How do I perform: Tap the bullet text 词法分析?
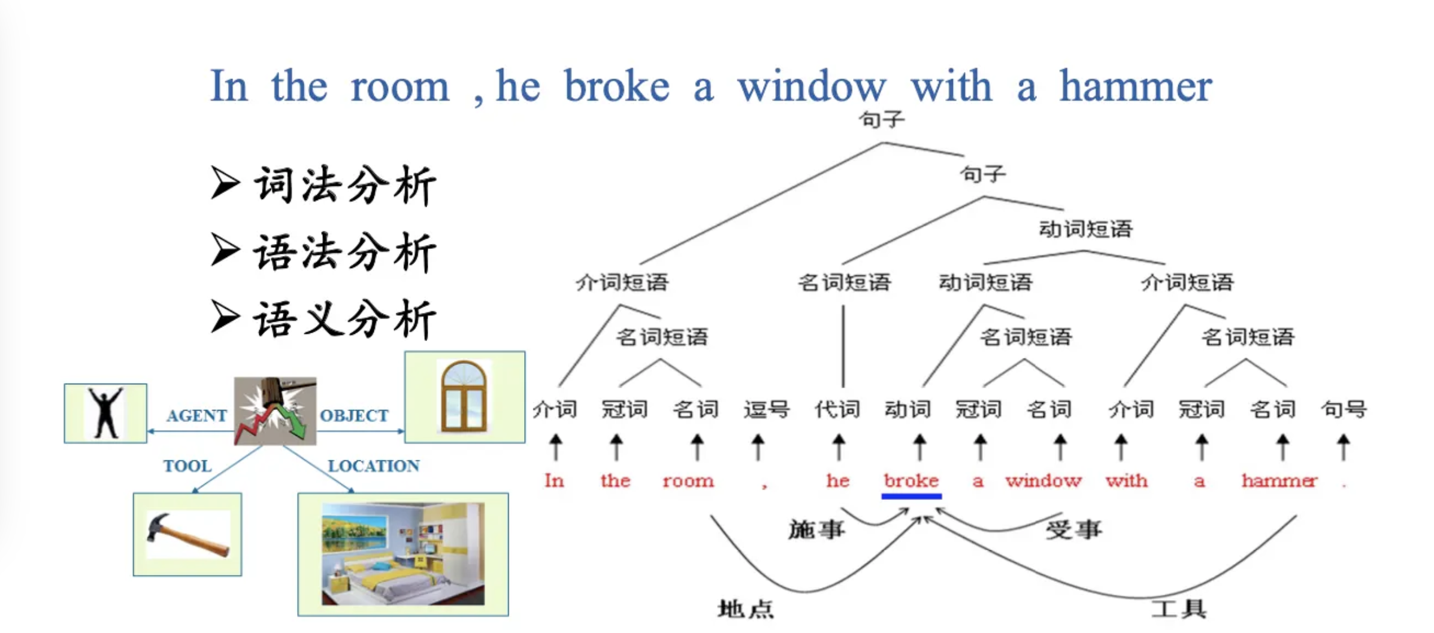[344, 186]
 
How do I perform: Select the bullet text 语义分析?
[344, 319]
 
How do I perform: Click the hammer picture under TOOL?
[187, 534]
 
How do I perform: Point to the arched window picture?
[464, 397]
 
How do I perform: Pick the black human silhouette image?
[105, 413]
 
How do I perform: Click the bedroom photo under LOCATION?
[403, 554]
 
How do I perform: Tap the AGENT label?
[196, 415]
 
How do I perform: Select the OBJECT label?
[354, 415]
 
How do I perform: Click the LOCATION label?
[374, 466]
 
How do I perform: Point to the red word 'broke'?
[911, 481]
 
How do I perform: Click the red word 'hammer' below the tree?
[1279, 481]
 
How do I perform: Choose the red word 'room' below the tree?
[688, 481]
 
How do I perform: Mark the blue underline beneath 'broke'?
[911, 496]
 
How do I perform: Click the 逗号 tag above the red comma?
[766, 409]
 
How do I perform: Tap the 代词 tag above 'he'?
[837, 409]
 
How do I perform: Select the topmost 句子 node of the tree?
[882, 120]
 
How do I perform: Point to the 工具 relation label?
[1178, 609]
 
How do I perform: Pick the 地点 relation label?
[746, 609]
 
